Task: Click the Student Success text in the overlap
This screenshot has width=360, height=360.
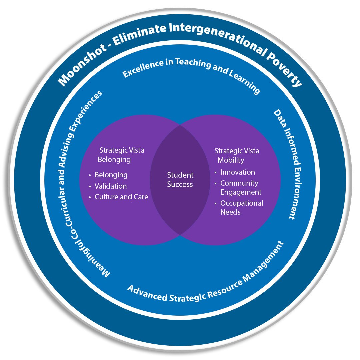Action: pyautogui.click(x=180, y=180)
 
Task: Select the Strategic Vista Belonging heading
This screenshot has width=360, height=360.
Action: pyautogui.click(x=121, y=155)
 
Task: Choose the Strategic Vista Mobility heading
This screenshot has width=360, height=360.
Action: pyautogui.click(x=236, y=155)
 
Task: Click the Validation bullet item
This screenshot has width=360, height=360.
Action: pyautogui.click(x=110, y=186)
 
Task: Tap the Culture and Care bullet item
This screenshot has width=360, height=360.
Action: pyautogui.click(x=121, y=197)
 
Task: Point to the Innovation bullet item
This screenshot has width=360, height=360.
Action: pyautogui.click(x=237, y=172)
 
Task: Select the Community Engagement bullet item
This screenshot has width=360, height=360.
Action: pyautogui.click(x=240, y=188)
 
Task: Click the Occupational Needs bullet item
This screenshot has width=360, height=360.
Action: pyautogui.click(x=241, y=207)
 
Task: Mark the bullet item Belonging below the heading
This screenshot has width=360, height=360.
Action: pyautogui.click(x=111, y=175)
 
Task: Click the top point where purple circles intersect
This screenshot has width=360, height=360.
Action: pyautogui.click(x=180, y=125)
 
